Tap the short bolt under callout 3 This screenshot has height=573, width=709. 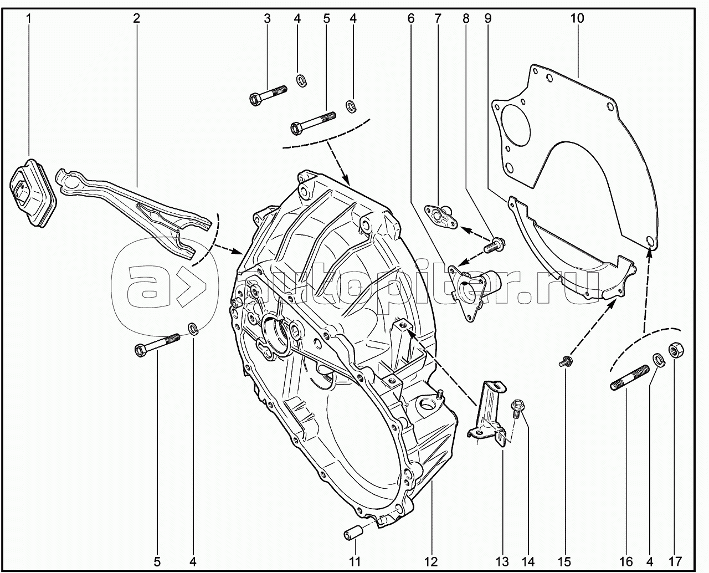(x=266, y=95)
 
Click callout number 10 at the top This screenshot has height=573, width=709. (x=577, y=18)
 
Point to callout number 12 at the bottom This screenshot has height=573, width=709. (x=431, y=561)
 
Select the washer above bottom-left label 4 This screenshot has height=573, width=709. (x=193, y=328)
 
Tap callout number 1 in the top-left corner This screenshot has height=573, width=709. (x=29, y=18)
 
